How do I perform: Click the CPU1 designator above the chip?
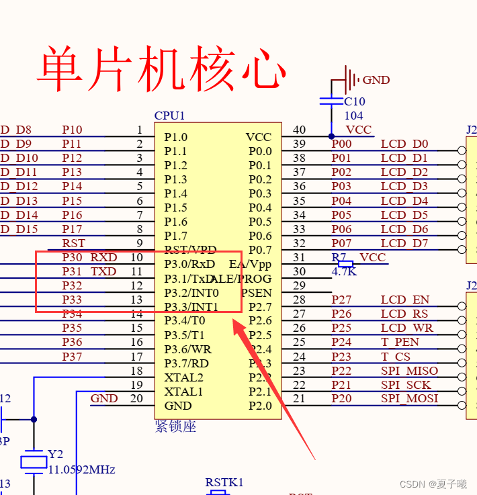[x=169, y=116]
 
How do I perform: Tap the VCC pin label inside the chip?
[x=259, y=137]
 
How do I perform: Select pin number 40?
[x=299, y=130]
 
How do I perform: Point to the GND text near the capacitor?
[x=376, y=80]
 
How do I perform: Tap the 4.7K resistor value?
[x=345, y=272]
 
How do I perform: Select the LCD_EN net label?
[x=405, y=300]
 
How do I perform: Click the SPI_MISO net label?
[x=409, y=371]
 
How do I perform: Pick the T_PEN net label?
[x=400, y=342]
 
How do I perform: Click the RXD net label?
[x=103, y=257]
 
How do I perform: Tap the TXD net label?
[x=103, y=271]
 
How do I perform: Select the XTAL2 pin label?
[x=183, y=377]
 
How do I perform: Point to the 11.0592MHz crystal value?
[x=81, y=469]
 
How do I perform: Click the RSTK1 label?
[x=224, y=482]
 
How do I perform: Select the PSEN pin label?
[x=257, y=293]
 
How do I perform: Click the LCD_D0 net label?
[x=404, y=144]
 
